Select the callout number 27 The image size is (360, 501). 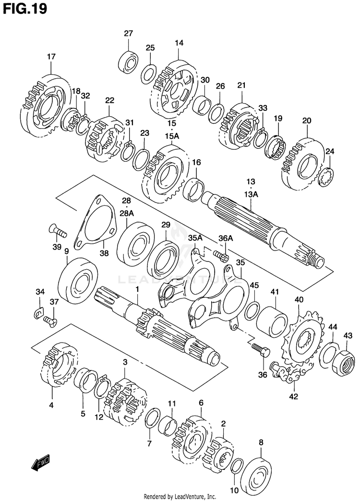(x=128, y=33)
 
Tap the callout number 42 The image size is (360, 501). (x=294, y=396)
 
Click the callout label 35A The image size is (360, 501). (x=195, y=238)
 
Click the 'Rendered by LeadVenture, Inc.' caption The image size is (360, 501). (x=180, y=496)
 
